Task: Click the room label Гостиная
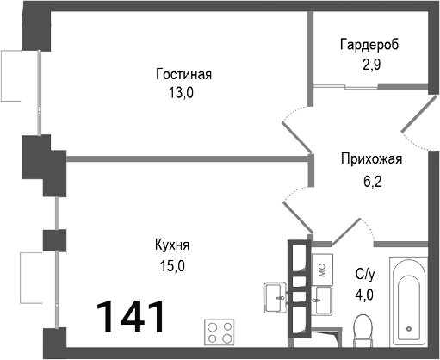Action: (183, 74)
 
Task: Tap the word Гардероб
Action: (369, 44)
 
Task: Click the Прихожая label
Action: (372, 158)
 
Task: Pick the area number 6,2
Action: (372, 183)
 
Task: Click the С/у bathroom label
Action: (366, 275)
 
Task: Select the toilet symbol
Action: (363, 329)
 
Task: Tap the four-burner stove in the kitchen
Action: (220, 332)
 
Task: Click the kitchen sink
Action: (276, 296)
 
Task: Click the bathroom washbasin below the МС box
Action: (322, 301)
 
